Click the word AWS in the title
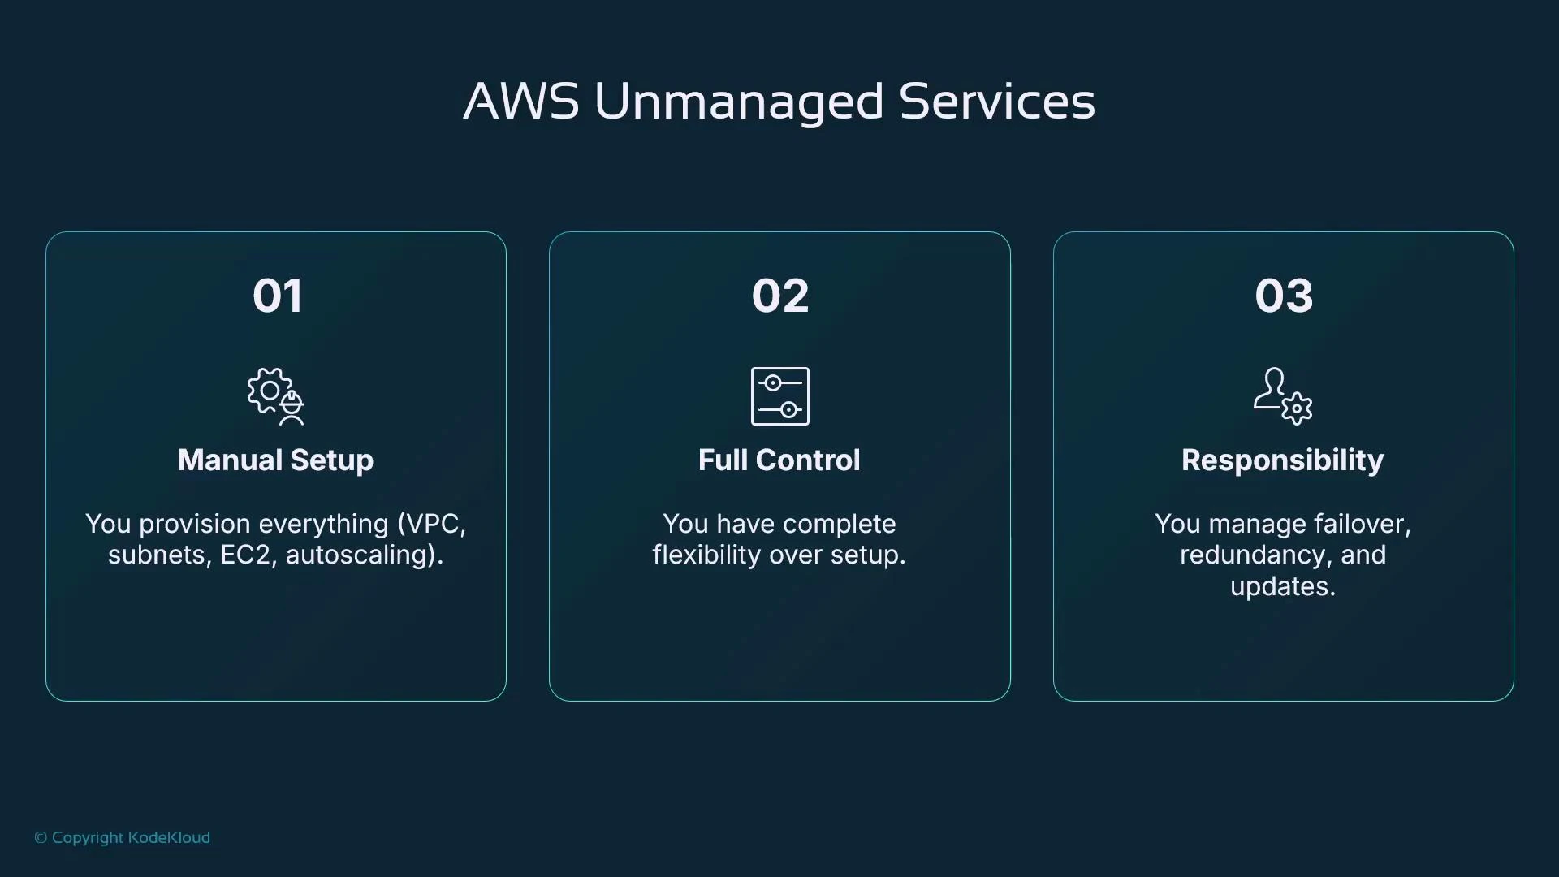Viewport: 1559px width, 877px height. tap(521, 102)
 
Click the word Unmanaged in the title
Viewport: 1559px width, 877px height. tap(739, 102)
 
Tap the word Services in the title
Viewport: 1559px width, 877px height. tap(997, 102)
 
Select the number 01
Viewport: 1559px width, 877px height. tap(277, 296)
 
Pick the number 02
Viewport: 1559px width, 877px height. tap(779, 296)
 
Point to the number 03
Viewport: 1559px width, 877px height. tap(1283, 296)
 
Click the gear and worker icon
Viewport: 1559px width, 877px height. tap(276, 396)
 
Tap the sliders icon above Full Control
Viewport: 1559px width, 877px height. tap(779, 396)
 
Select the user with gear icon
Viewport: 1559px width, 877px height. tap(1283, 396)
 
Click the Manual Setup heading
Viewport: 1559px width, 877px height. tap(275, 460)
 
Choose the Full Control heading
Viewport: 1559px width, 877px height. tap(779, 460)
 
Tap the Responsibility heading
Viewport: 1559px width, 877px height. tap(1283, 460)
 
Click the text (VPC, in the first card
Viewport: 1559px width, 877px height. tap(431, 524)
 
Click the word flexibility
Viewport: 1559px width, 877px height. tap(706, 555)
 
